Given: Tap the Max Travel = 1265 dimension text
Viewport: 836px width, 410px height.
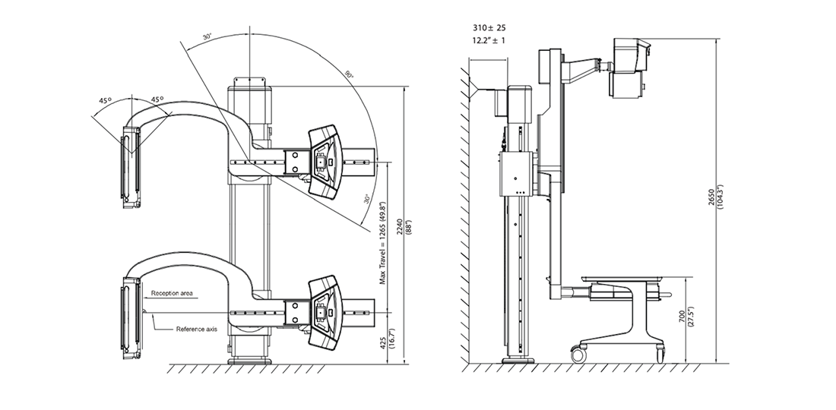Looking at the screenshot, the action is point(383,243).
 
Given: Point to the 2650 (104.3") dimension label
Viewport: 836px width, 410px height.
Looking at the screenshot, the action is point(715,200).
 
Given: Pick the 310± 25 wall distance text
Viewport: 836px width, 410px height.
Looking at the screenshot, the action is point(489,27).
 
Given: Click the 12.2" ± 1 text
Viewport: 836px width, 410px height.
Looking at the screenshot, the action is point(489,40).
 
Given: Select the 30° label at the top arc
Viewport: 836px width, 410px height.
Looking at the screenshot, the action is point(207,37).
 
